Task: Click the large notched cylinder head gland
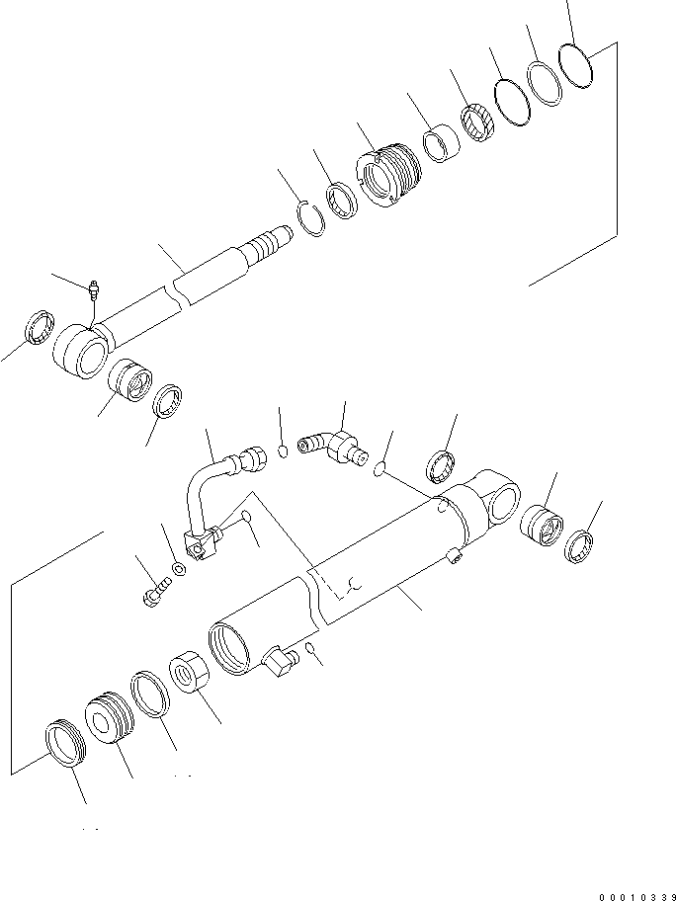387,175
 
